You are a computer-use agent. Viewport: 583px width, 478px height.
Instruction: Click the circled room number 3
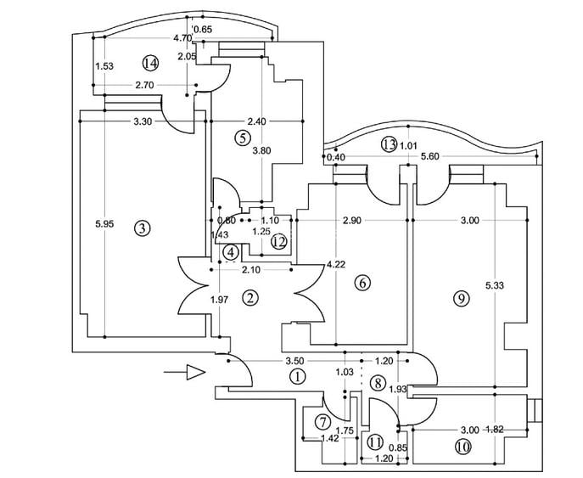click(142, 228)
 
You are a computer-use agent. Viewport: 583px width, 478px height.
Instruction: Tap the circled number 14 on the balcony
click(151, 64)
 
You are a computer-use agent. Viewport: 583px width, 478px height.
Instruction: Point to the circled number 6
click(362, 283)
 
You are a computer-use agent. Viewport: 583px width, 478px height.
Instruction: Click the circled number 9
click(461, 298)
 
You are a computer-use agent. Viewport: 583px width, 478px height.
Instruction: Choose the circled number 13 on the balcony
click(390, 144)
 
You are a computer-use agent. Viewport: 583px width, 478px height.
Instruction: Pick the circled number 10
click(462, 444)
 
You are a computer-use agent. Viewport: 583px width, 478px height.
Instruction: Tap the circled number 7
click(323, 422)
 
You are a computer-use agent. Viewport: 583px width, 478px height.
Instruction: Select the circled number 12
click(278, 242)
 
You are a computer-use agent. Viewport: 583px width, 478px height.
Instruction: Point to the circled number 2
click(249, 297)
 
